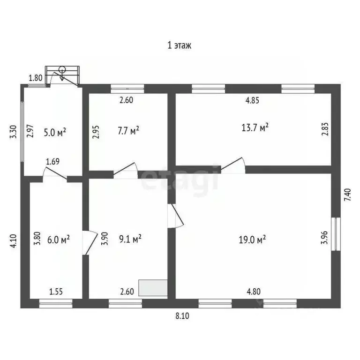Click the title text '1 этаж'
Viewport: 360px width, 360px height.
pos(180,45)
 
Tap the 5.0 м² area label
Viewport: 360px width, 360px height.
pos(55,133)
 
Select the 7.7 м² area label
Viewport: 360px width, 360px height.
pos(128,130)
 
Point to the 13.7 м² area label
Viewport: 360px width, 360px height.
pos(255,127)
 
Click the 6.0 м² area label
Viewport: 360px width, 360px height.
pos(59,240)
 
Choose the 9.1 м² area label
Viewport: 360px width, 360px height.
pos(130,239)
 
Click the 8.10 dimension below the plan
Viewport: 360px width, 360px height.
pos(182,315)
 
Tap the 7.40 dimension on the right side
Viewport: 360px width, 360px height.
pos(347,194)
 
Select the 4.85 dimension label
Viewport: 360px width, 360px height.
pos(253,100)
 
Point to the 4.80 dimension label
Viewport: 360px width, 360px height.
pos(255,291)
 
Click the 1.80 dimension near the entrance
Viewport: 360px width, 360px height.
pos(36,78)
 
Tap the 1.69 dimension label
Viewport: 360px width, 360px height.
pos(52,162)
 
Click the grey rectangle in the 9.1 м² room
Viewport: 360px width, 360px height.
pos(153,288)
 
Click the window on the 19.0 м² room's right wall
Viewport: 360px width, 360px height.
pos(336,233)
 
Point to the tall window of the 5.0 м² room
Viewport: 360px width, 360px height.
pos(22,130)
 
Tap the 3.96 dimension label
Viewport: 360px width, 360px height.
pos(324,239)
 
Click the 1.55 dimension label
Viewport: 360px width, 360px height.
pos(56,291)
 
